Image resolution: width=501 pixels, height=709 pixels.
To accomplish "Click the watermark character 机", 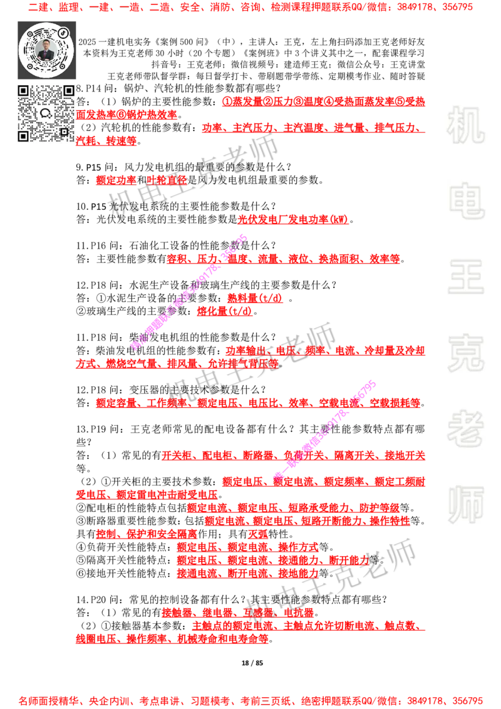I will coord(465,125).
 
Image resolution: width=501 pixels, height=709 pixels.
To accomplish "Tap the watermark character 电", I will coord(468,200).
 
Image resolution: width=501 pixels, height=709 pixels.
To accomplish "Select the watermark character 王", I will coord(465,278).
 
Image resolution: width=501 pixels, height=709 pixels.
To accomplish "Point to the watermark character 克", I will coord(465,353).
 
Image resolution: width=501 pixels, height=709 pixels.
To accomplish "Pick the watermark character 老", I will coord(468,428).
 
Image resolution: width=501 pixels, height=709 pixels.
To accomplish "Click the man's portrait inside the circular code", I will coord(46,50).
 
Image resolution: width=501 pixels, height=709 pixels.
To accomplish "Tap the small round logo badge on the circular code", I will coord(63,32).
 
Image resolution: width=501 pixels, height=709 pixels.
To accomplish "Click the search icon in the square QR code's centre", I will coord(46,113).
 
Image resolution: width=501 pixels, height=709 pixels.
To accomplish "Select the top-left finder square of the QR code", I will coord(23,91).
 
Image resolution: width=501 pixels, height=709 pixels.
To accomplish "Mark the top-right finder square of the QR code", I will coord(68,91).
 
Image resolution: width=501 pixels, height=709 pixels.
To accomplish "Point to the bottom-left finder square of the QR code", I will coord(23,136).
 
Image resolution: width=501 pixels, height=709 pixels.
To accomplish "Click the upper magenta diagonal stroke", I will coord(190,292).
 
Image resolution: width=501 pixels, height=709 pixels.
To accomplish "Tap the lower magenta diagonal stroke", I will coord(324,429).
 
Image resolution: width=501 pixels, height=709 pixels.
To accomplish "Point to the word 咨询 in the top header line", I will coord(251,8).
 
